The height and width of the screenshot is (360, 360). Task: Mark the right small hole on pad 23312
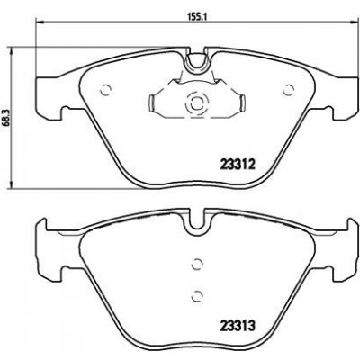tap(288, 89)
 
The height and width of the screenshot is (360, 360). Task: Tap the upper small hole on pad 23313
tap(196, 265)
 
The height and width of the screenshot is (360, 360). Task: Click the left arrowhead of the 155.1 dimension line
tap(37, 25)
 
